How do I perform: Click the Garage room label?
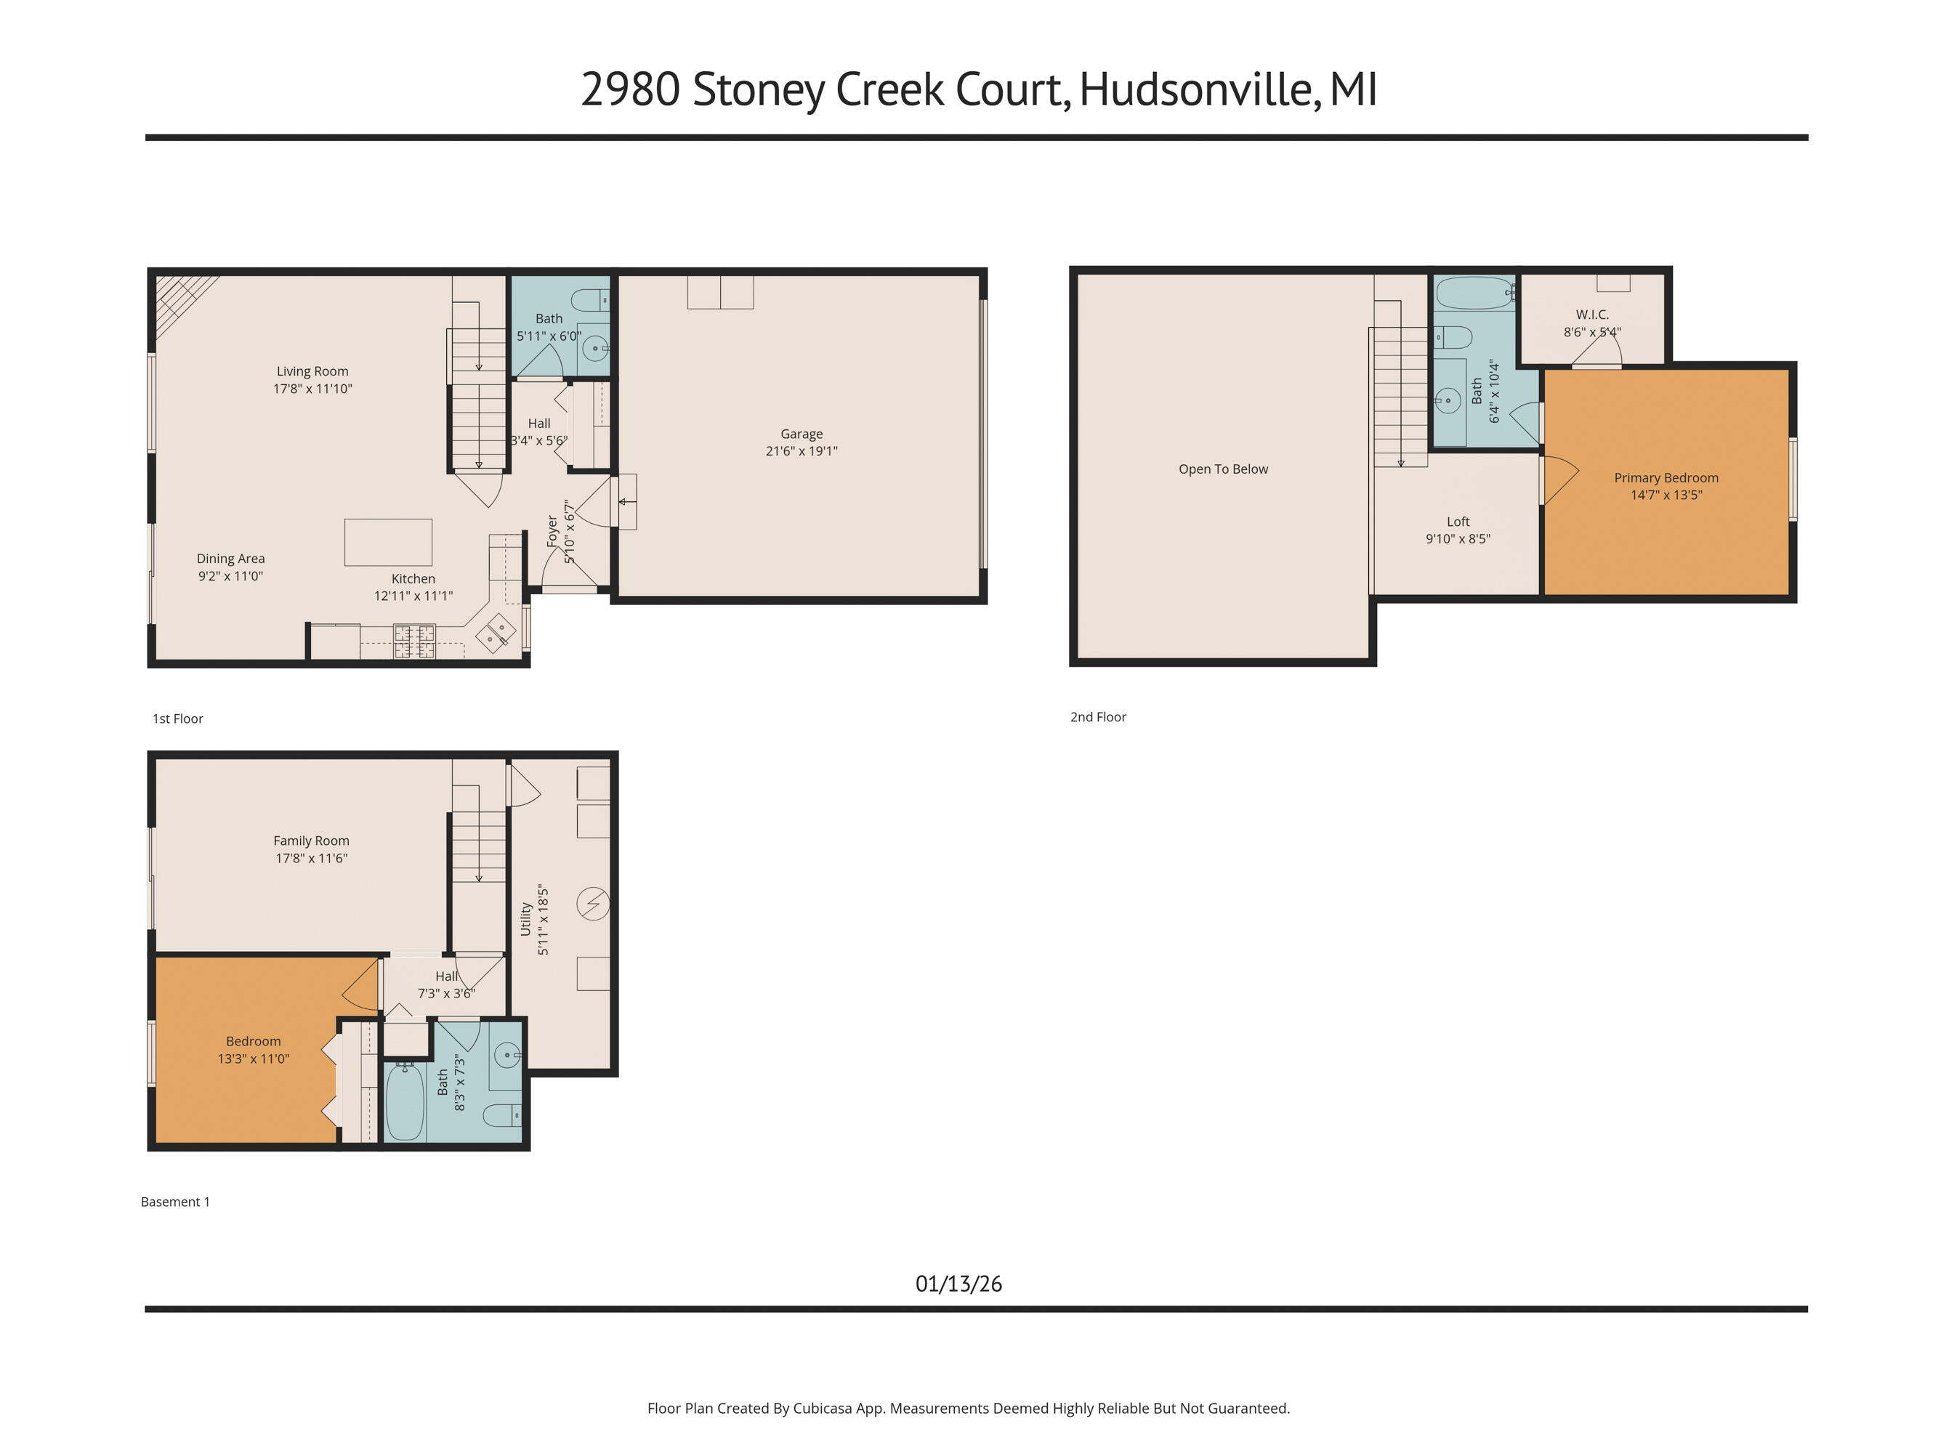coord(801,434)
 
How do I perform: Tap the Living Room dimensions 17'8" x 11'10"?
coord(312,389)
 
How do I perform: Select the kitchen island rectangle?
coord(388,542)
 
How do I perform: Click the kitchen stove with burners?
coord(414,640)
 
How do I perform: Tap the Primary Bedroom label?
coord(1666,477)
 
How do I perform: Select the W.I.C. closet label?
coord(1592,315)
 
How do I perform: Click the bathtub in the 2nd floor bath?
coord(1474,294)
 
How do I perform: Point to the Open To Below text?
coord(1223,469)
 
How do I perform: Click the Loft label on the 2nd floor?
coord(1458,521)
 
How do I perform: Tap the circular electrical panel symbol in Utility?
coord(593,903)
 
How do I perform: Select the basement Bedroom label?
coord(253,1040)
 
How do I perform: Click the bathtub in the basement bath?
coord(405,1101)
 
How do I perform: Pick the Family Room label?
coord(311,840)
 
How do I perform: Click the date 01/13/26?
coord(958,1283)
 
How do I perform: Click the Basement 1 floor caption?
coord(175,1202)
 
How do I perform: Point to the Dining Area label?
coord(230,558)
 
